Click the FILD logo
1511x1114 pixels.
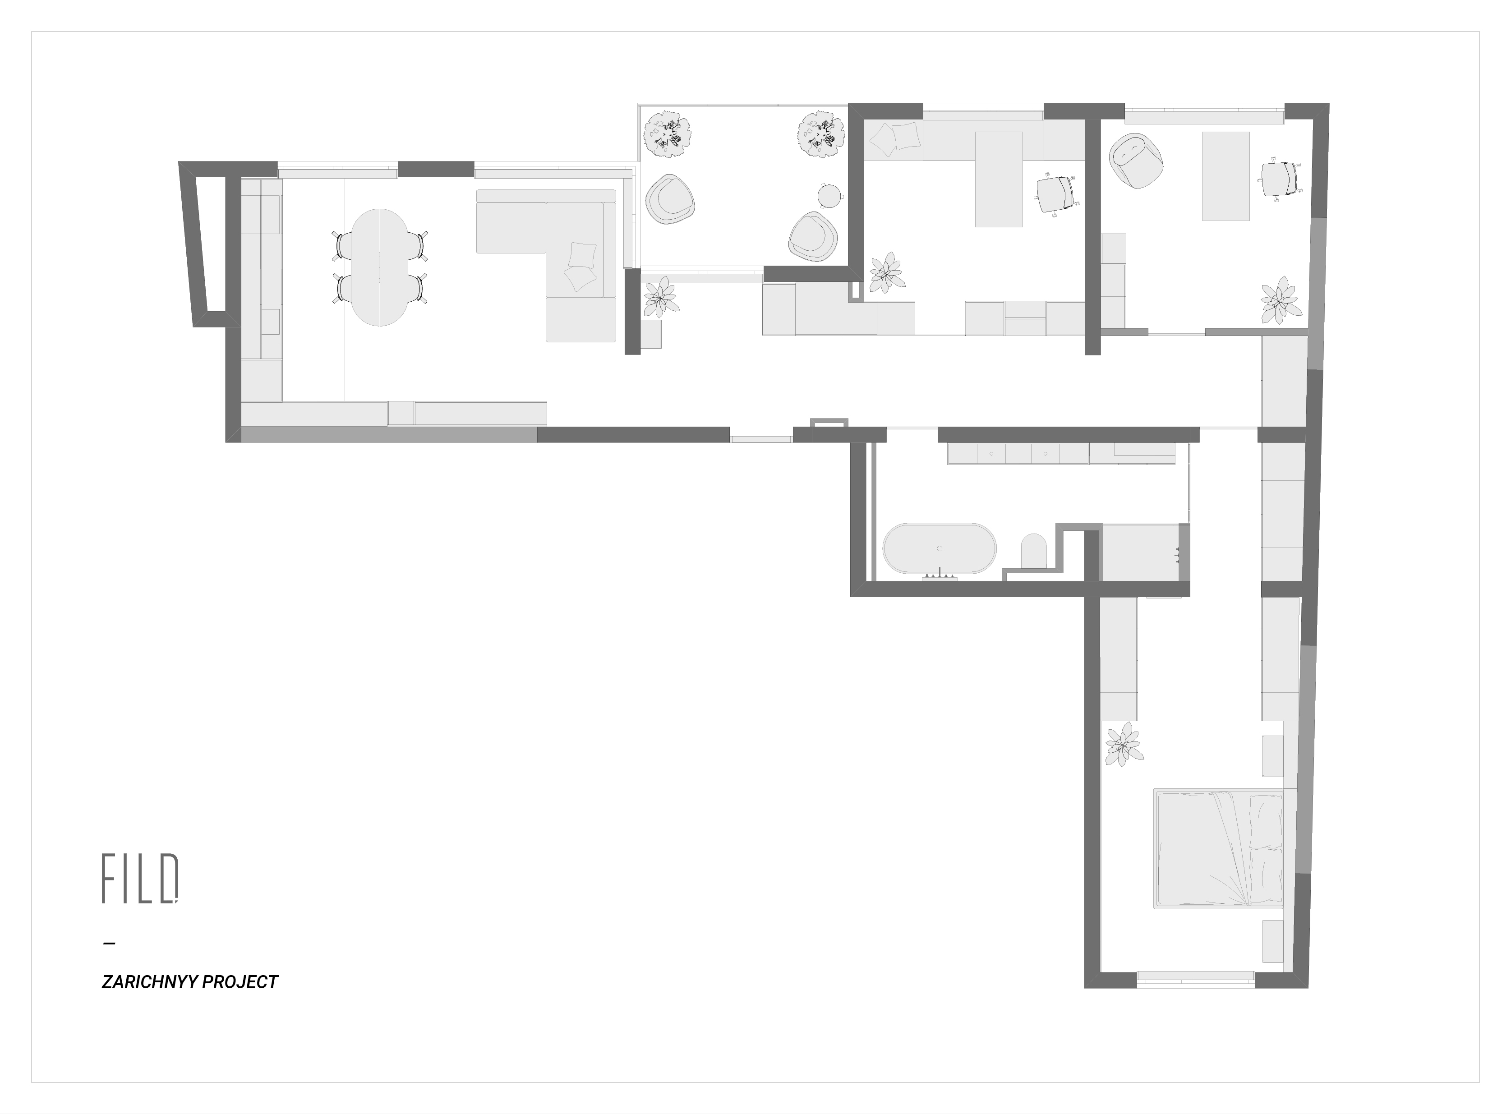pyautogui.click(x=140, y=878)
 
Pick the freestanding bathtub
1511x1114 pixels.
pyautogui.click(x=939, y=549)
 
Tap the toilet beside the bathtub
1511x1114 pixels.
pyautogui.click(x=1033, y=550)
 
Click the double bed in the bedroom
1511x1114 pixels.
pyautogui.click(x=1218, y=849)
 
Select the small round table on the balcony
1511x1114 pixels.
pyautogui.click(x=830, y=196)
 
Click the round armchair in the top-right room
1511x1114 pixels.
pyautogui.click(x=1137, y=161)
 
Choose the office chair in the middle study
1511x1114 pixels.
pyautogui.click(x=1056, y=193)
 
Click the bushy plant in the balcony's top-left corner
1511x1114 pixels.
pyautogui.click(x=668, y=134)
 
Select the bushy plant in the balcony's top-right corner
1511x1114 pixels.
pyautogui.click(x=821, y=134)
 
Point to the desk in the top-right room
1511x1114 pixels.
pyautogui.click(x=1225, y=176)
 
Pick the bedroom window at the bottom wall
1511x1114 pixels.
pyautogui.click(x=1195, y=980)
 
